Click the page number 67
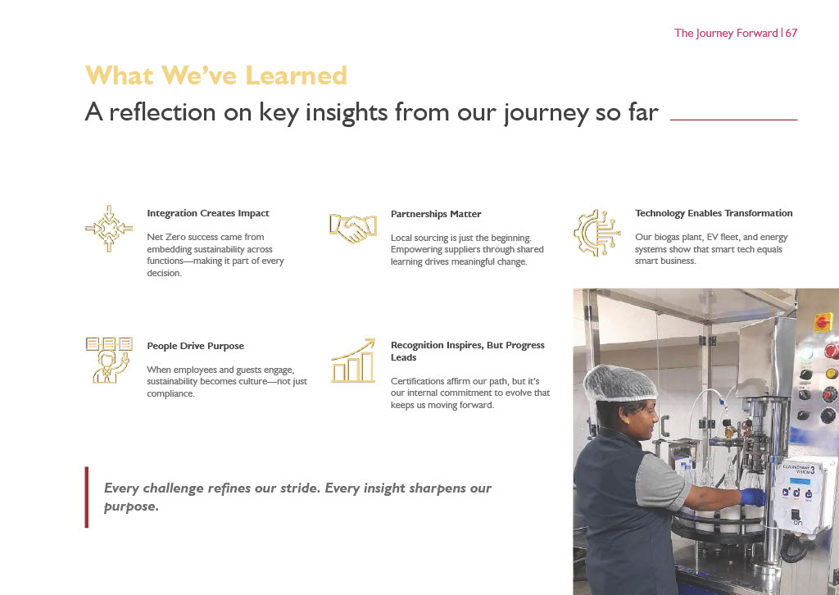tap(791, 33)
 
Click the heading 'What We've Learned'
tap(216, 75)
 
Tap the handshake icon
tap(352, 228)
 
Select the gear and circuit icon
tap(596, 233)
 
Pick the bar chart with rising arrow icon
tap(353, 360)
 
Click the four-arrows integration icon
tap(109, 229)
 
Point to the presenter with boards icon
tap(109, 360)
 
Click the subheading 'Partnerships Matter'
tap(436, 214)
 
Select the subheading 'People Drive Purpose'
tap(195, 346)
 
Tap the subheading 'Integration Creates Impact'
tap(208, 213)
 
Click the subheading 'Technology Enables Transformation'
tap(714, 213)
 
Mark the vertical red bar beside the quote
tap(87, 497)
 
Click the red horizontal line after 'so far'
tap(733, 120)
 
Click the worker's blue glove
tap(753, 497)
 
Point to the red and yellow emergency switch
tap(823, 323)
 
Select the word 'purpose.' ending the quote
tap(131, 506)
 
